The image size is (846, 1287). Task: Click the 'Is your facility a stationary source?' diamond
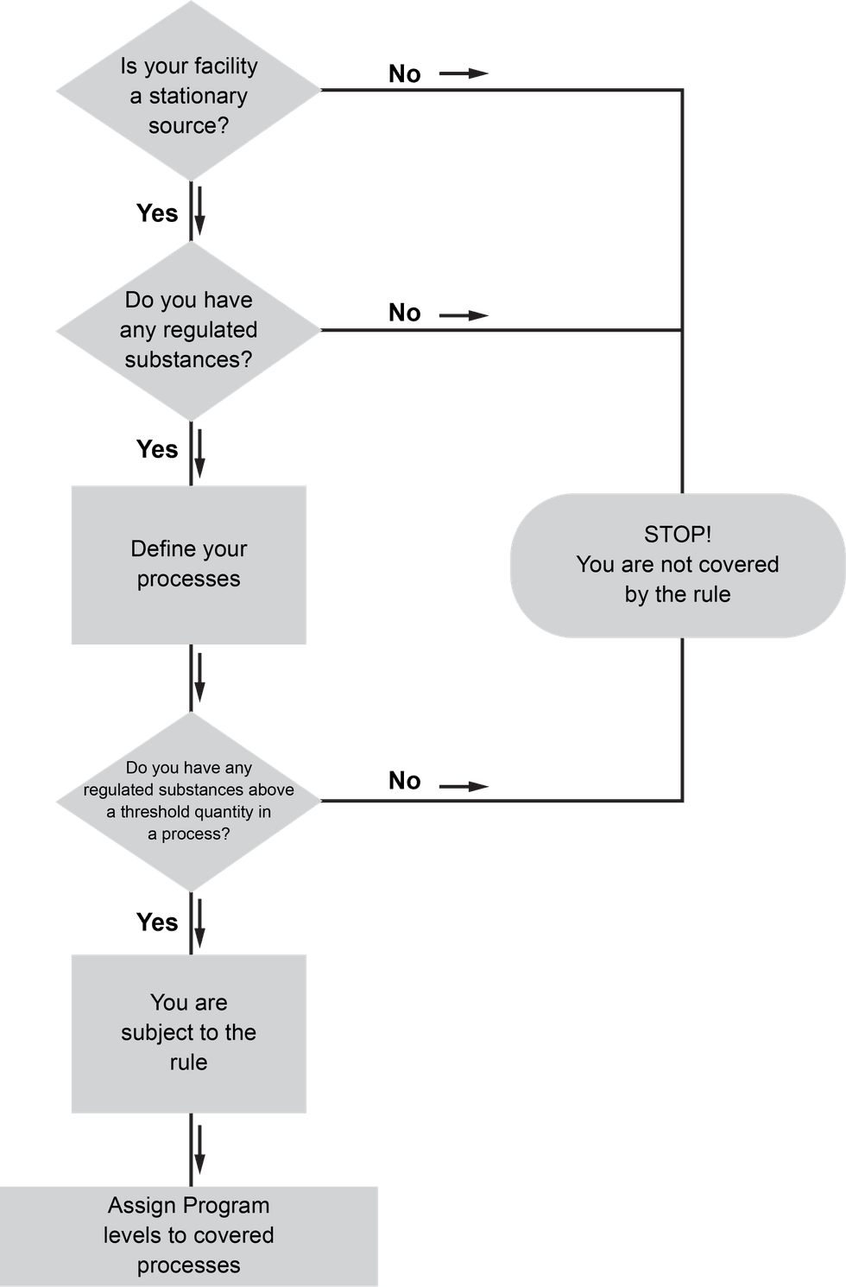188,91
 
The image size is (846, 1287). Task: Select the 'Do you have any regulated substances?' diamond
188,331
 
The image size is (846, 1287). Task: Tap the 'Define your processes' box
188,565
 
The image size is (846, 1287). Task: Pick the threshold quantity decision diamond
188,801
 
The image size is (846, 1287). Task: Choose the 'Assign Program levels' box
188,1235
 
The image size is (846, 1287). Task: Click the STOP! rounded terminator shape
678,566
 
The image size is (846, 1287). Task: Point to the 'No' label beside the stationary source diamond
404,74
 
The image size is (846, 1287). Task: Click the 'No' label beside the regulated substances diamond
404,314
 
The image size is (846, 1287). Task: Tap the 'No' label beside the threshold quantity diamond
404,781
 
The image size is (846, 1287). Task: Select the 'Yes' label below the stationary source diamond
157,212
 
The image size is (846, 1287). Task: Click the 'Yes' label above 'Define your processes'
157,449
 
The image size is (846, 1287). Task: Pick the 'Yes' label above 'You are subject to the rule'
157,922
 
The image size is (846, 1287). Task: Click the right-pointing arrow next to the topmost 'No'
464,73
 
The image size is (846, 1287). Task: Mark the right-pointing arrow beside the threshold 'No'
464,786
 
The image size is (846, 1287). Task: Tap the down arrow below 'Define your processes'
199,678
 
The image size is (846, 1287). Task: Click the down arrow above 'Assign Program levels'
199,1149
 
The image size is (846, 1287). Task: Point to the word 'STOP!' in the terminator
678,535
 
